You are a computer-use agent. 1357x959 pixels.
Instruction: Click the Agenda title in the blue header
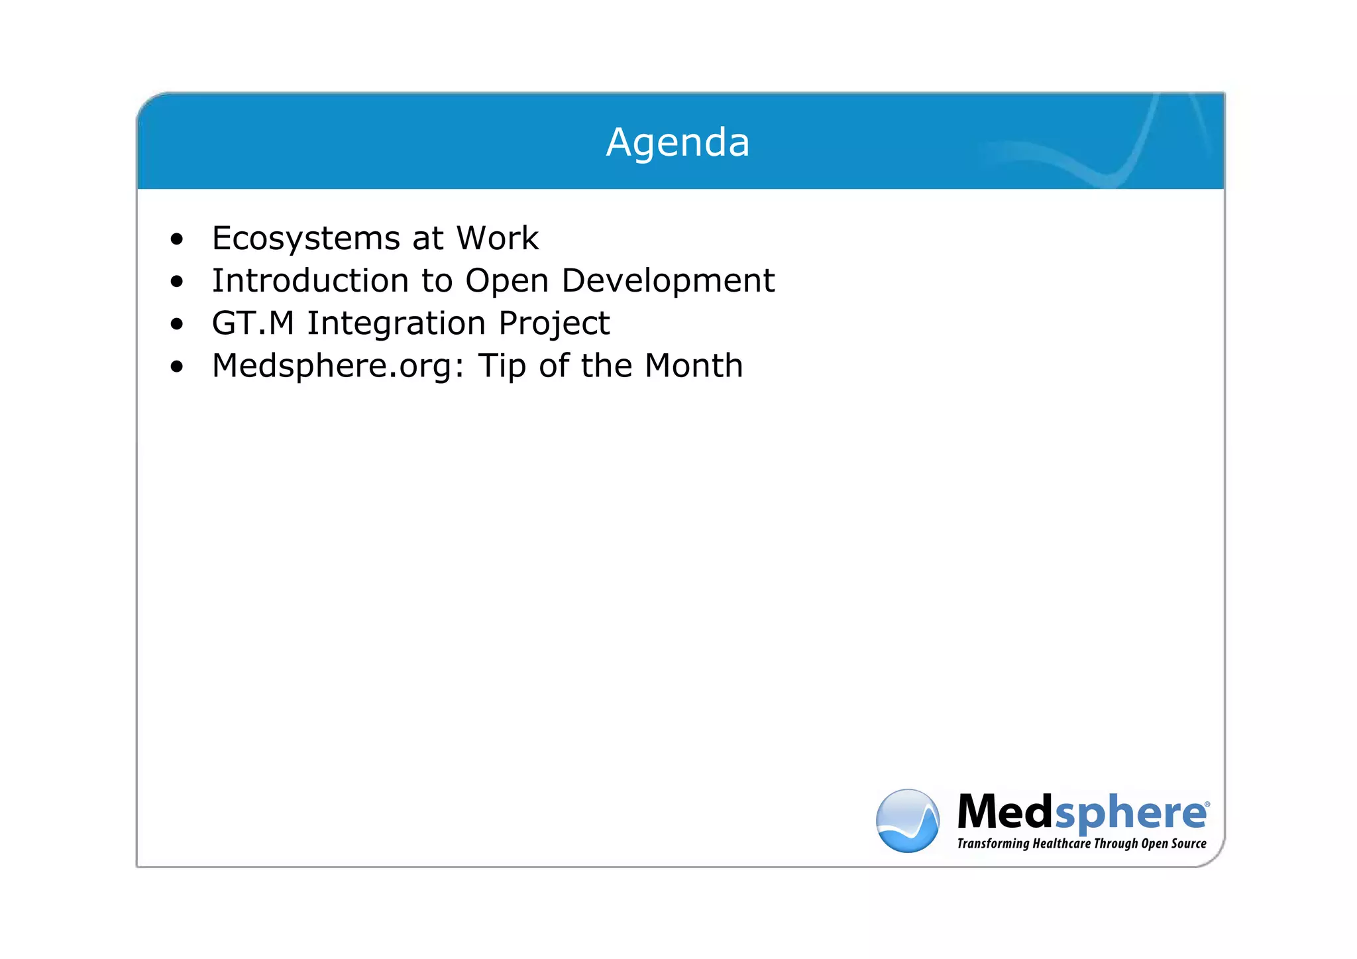[677, 142]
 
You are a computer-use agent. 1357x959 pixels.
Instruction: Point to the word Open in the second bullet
[507, 282]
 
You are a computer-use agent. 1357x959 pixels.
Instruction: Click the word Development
[668, 282]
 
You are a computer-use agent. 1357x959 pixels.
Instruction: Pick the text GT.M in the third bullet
[252, 323]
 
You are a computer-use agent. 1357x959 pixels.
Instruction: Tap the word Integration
[396, 324]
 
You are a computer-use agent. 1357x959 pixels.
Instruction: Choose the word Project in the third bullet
[554, 324]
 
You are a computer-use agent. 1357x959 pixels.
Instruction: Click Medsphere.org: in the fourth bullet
[339, 367]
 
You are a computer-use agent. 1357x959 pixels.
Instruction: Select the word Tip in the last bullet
[502, 367]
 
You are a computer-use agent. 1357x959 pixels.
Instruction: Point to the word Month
[694, 366]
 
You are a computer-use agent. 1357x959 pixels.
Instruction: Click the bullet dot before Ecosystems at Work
[176, 239]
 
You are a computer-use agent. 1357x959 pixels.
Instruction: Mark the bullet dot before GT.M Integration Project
[176, 324]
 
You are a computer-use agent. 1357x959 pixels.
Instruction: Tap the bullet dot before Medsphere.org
[176, 367]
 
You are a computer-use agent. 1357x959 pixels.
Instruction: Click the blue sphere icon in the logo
[907, 820]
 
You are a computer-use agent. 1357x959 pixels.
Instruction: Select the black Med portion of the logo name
[1004, 812]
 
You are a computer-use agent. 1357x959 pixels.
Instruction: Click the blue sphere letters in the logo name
[1130, 813]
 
